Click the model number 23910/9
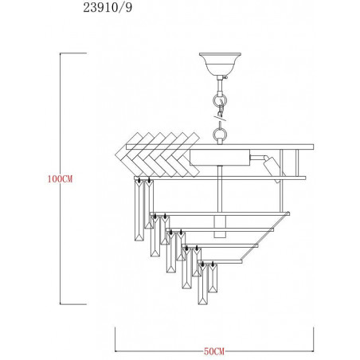(x=108, y=7)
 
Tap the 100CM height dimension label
(x=60, y=179)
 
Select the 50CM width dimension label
(x=214, y=351)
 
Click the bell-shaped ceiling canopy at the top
(x=220, y=64)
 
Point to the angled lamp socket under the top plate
(x=272, y=168)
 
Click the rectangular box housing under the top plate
(x=220, y=157)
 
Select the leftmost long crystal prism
(x=139, y=209)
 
